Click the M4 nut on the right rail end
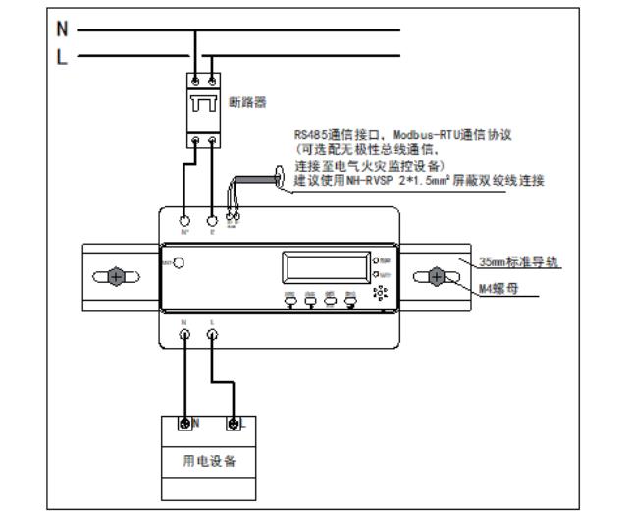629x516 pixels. click(x=436, y=278)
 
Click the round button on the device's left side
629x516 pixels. click(x=180, y=262)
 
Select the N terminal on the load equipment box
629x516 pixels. click(x=184, y=424)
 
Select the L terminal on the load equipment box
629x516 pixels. click(x=234, y=424)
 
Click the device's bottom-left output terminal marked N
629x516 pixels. click(x=184, y=334)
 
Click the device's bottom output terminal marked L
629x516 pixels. click(x=213, y=334)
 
